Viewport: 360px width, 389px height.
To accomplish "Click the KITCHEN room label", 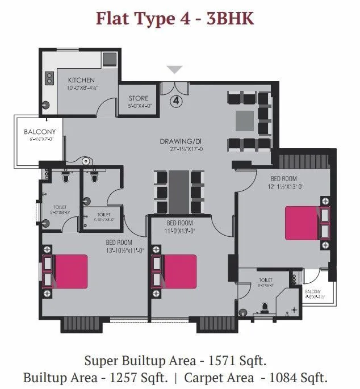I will pos(81,80).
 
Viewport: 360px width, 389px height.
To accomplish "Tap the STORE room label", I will pos(139,98).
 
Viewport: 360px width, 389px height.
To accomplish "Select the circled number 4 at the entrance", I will pos(175,102).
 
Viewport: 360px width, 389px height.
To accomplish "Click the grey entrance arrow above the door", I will pos(175,70).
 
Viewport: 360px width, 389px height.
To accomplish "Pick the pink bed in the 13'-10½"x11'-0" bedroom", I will pos(71,271).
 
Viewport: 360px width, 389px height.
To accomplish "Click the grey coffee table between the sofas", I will pos(245,118).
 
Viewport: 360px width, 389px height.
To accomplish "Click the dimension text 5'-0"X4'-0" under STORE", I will pos(139,106).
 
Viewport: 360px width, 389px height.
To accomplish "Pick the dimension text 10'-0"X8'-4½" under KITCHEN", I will pos(82,88).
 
